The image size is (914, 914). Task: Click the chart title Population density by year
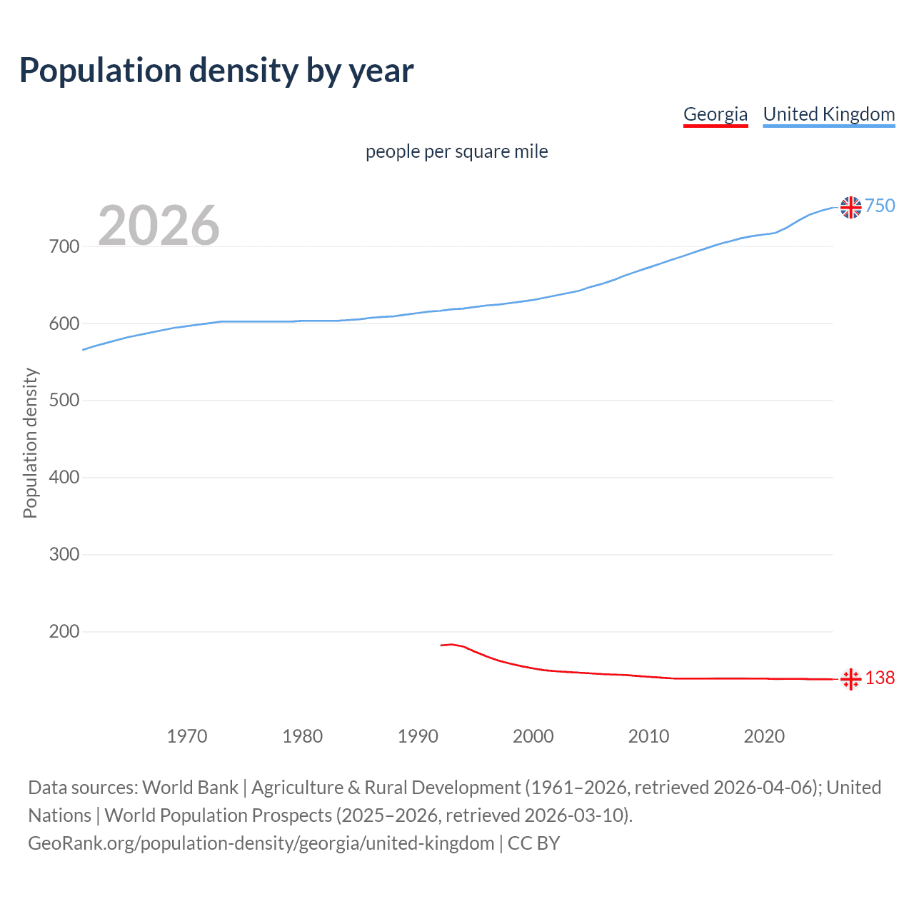point(216,70)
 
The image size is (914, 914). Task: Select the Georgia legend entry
point(715,114)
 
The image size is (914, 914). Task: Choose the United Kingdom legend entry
point(828,114)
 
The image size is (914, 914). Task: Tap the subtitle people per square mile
point(456,151)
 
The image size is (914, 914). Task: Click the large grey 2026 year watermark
point(159,226)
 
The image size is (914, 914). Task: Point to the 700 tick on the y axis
point(64,247)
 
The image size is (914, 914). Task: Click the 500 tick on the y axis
point(64,401)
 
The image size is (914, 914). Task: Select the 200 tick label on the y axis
point(64,632)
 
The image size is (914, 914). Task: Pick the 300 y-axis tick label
point(64,555)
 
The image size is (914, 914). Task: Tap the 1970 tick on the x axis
point(187,736)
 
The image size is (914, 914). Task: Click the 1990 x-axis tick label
point(418,736)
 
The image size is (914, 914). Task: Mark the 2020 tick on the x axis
point(764,736)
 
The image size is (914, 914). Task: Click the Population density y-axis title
point(30,443)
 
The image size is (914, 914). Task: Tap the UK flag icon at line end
point(850,207)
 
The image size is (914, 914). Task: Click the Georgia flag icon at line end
point(850,679)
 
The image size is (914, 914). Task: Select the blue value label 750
point(880,206)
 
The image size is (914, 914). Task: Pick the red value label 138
point(880,678)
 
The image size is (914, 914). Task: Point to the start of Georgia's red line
point(441,646)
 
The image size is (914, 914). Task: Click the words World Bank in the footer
point(190,788)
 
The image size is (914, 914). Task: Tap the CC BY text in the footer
point(533,843)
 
